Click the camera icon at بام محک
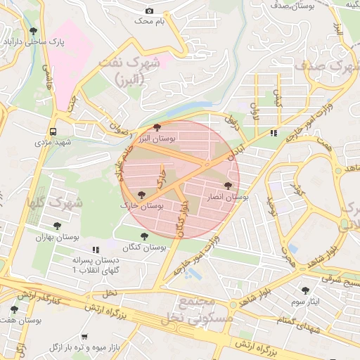coord(149,11)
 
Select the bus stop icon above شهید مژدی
coord(53,131)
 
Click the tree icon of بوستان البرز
coord(155,127)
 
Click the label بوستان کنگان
coord(145,248)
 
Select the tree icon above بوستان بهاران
coord(57,226)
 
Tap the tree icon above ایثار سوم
coord(304,290)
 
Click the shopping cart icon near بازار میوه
coord(85,337)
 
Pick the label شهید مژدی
coord(54,143)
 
